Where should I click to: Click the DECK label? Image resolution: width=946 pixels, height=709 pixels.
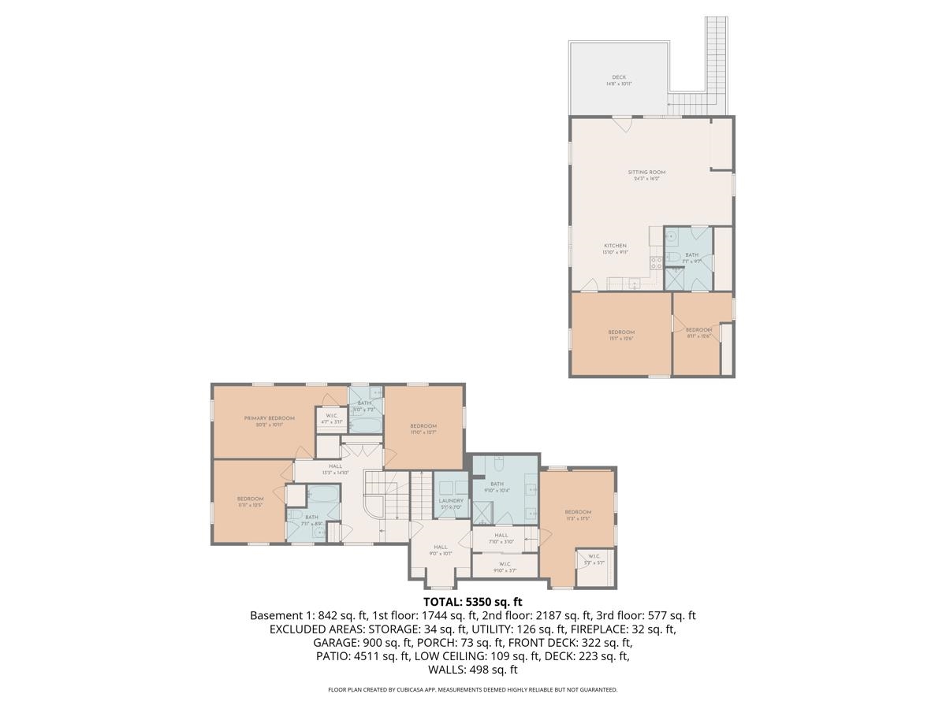619,77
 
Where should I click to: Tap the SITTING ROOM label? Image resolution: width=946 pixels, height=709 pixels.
646,172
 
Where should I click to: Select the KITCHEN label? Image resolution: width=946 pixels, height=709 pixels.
614,246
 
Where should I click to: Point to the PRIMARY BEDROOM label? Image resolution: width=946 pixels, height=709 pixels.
269,418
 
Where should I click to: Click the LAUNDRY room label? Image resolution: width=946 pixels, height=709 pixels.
451,500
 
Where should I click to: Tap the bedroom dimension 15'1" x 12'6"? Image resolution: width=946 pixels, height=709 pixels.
620,339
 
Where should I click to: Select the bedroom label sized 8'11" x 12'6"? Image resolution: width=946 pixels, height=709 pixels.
698,329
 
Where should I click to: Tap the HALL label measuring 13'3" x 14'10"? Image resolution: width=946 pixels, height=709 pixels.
335,466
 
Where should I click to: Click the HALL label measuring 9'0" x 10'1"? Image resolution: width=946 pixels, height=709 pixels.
440,548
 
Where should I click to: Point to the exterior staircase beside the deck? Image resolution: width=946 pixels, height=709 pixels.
716,55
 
